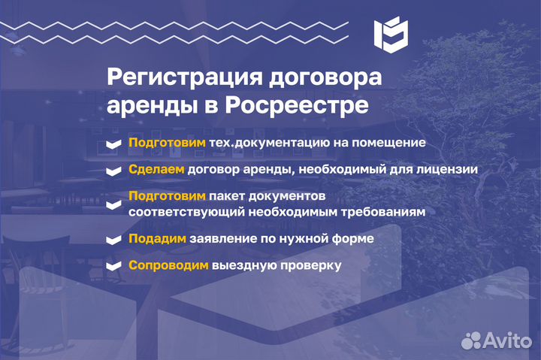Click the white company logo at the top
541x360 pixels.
pos(391,35)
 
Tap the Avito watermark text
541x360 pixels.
pos(507,340)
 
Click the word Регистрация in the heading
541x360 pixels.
pos(185,77)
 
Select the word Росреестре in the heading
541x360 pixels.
pos(297,105)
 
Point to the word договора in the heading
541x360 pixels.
pos(325,78)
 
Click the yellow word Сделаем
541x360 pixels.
pos(156,169)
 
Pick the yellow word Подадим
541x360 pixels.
pos(157,238)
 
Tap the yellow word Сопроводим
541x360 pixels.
pos(168,265)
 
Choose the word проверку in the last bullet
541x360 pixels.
pos(311,266)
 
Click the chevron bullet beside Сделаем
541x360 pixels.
pos(114,171)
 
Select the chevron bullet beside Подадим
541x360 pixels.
pos(114,240)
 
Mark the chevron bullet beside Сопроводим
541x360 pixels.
pos(114,266)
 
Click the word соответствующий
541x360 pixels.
pos(186,212)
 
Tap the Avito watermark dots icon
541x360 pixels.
pos(471,340)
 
